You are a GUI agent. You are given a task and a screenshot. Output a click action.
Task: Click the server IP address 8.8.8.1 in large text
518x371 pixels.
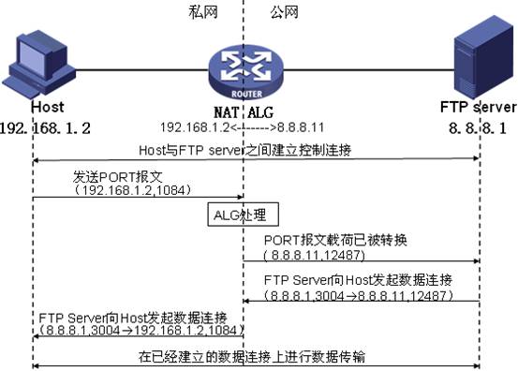[480, 126]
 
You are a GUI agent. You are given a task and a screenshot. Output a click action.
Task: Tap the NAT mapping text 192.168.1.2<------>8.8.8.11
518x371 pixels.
[243, 126]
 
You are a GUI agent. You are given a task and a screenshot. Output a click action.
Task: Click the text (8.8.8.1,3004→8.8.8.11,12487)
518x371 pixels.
[360, 295]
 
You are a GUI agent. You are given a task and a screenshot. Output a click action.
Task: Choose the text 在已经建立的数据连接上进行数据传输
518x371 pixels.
[254, 356]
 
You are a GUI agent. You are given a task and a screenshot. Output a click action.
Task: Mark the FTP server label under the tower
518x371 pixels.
[479, 107]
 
